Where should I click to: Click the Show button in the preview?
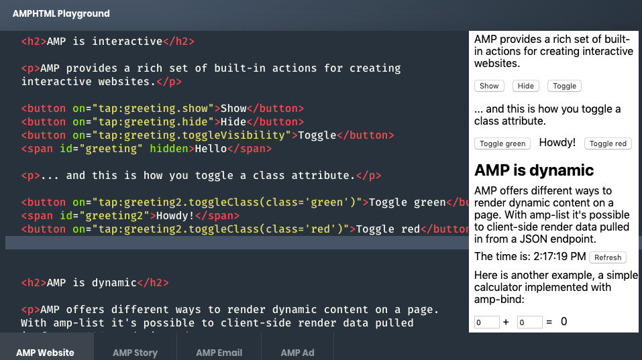[x=489, y=86]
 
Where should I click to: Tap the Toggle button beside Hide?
[x=564, y=86]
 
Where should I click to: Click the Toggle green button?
[x=502, y=143]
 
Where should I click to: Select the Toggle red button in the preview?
[x=608, y=143]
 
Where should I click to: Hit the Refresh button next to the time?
[x=608, y=257]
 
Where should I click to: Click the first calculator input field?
[x=486, y=322]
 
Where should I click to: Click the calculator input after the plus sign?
[x=529, y=322]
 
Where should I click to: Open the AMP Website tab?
[x=46, y=353]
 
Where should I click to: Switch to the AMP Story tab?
[x=135, y=353]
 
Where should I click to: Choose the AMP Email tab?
[x=219, y=353]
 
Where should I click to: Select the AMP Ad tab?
[x=297, y=353]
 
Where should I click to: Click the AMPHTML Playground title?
[x=61, y=13]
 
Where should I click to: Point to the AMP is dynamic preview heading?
[x=534, y=170]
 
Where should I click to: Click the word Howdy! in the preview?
[x=557, y=142]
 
